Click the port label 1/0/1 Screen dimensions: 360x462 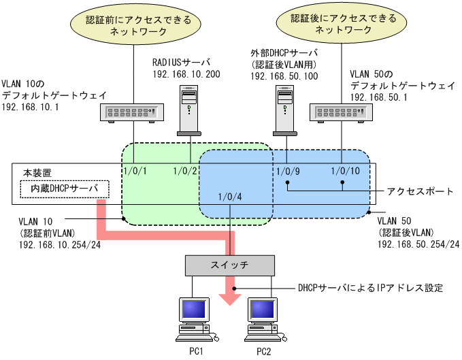tap(133, 170)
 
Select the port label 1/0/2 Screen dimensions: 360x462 tap(184, 170)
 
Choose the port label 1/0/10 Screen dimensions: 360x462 tap(342, 170)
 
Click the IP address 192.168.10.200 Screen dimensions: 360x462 tap(186, 73)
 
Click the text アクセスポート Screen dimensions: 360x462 tap(420, 191)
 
